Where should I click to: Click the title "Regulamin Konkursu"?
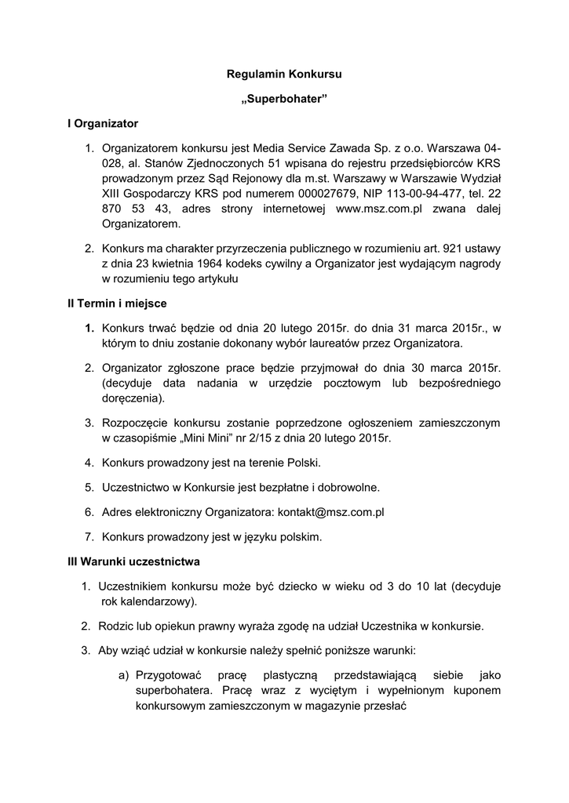(284, 74)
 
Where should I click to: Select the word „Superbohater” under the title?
(284, 100)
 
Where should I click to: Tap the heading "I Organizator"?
(102, 124)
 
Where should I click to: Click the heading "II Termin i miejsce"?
(117, 303)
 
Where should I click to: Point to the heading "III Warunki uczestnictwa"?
(133, 561)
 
